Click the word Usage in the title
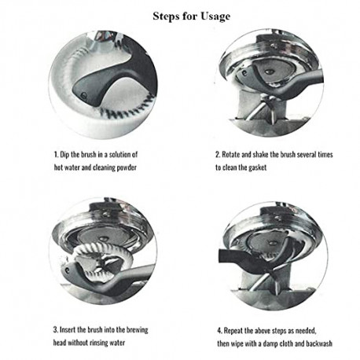(215, 17)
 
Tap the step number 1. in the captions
(56, 155)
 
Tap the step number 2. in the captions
(218, 155)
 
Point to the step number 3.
(56, 329)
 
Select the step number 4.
(219, 331)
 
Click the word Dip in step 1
(64, 155)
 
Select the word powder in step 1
(127, 167)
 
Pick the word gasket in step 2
(257, 167)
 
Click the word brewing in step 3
(138, 330)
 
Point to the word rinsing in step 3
(99, 343)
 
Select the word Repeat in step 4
(233, 331)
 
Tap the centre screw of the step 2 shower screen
(269, 72)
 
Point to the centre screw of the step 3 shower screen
(104, 239)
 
